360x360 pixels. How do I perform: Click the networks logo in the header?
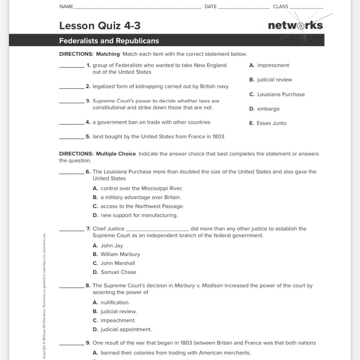click(x=295, y=25)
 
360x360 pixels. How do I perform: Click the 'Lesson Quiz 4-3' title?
click(x=100, y=26)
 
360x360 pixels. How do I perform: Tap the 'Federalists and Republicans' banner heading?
click(x=109, y=41)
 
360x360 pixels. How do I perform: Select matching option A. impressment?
click(x=269, y=65)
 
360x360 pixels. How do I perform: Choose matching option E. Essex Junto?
click(x=268, y=123)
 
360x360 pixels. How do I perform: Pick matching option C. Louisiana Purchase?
click(x=277, y=94)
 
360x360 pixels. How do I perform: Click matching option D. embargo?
click(x=264, y=109)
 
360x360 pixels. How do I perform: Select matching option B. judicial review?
click(x=271, y=80)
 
